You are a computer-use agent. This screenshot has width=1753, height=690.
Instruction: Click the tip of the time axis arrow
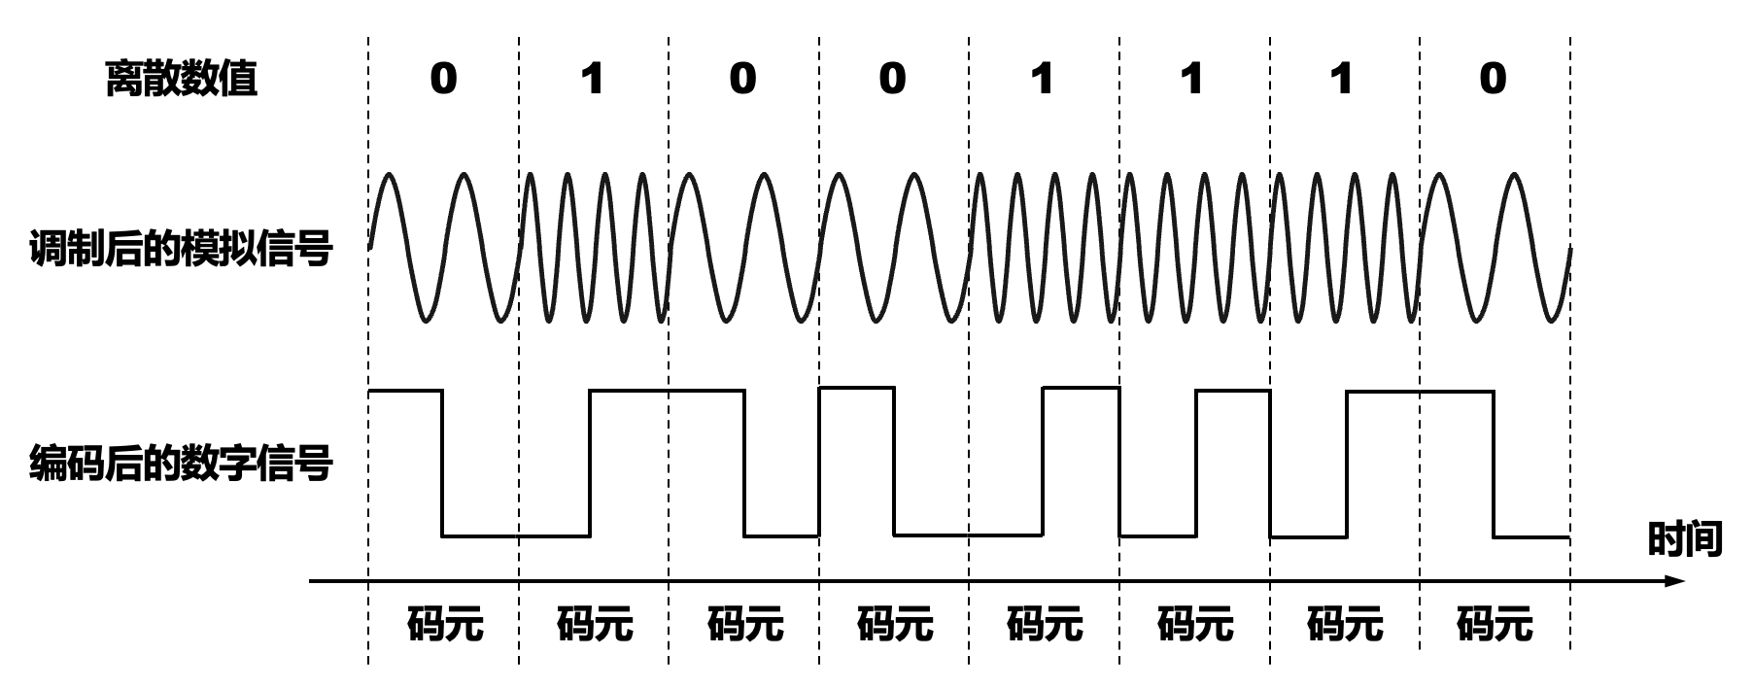pyautogui.click(x=1684, y=581)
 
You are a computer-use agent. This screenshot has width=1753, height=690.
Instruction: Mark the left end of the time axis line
pyautogui.click(x=310, y=581)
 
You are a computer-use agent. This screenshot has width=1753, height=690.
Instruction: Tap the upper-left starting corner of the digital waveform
pyautogui.click(x=369, y=391)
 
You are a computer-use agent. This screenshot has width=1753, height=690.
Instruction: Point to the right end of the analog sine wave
pyautogui.click(x=1570, y=248)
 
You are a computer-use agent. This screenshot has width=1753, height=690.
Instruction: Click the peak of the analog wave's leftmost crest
pyautogui.click(x=390, y=174)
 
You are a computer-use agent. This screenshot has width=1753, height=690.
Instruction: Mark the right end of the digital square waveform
pyautogui.click(x=1569, y=536)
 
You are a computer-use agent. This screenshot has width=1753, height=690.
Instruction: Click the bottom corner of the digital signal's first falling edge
pyautogui.click(x=443, y=535)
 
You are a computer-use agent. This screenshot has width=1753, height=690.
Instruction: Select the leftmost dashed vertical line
pyautogui.click(x=368, y=350)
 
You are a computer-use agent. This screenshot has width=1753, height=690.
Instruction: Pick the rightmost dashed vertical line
pyautogui.click(x=1570, y=350)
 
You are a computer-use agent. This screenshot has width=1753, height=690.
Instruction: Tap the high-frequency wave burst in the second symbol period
pyautogui.click(x=594, y=248)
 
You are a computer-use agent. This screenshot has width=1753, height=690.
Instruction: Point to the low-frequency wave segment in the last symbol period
pyautogui.click(x=1495, y=248)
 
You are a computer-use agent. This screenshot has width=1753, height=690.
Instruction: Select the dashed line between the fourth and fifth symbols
pyautogui.click(x=969, y=350)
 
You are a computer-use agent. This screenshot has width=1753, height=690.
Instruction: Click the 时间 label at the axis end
pyautogui.click(x=1685, y=538)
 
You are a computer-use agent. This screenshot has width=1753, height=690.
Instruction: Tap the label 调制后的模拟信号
pyautogui.click(x=181, y=249)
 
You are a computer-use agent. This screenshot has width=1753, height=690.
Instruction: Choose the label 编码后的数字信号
pyautogui.click(x=181, y=463)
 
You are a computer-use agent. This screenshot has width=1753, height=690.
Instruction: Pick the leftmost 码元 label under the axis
pyautogui.click(x=445, y=623)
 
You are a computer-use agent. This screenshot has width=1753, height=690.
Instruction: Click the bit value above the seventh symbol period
pyautogui.click(x=1343, y=78)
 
